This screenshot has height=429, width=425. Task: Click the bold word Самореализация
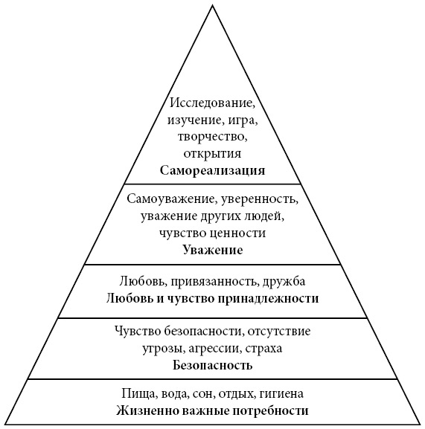click(x=213, y=171)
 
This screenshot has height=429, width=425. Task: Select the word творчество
click(x=211, y=137)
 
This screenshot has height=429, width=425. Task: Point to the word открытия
click(x=213, y=153)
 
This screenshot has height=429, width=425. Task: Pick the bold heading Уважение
click(x=213, y=251)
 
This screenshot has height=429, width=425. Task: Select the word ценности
click(x=240, y=233)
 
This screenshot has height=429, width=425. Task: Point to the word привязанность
click(x=214, y=282)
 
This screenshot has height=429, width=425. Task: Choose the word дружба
click(x=284, y=281)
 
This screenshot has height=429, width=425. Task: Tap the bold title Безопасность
click(x=213, y=365)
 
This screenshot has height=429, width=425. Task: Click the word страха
click(x=263, y=349)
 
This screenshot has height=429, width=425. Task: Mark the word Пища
click(x=139, y=394)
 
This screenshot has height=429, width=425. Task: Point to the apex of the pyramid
click(x=213, y=6)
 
